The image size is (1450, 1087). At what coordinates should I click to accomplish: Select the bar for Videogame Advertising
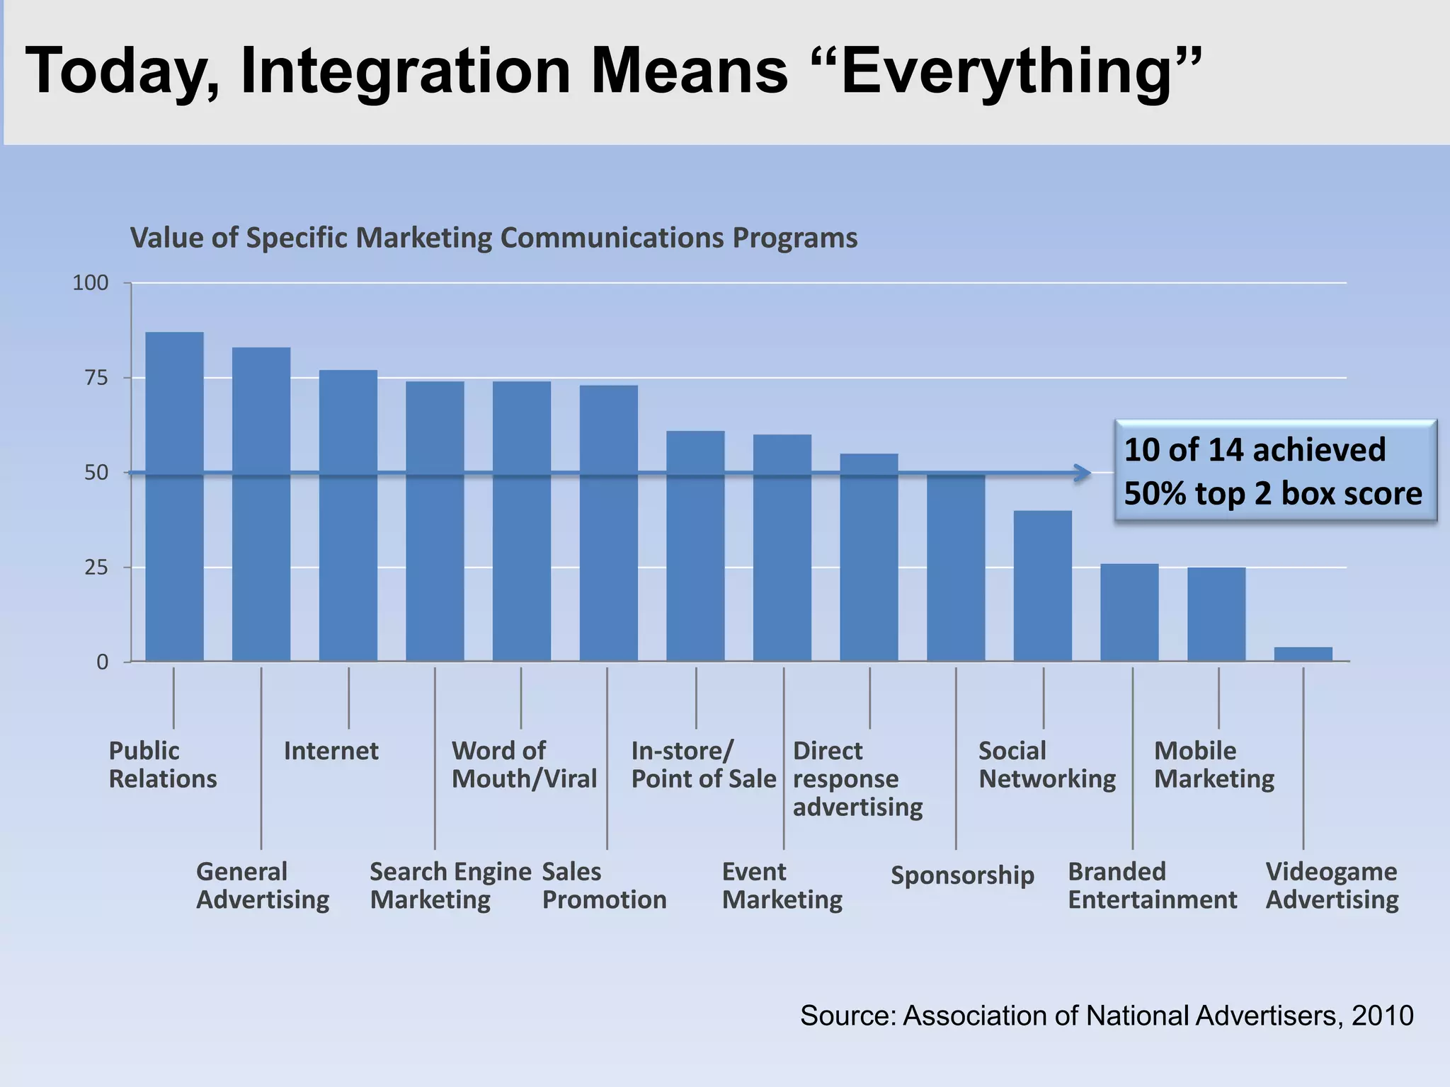click(1303, 655)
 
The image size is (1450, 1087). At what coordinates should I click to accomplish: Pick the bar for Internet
click(348, 516)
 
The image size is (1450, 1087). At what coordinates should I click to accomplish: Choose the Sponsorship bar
click(956, 567)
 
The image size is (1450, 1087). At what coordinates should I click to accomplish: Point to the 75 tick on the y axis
click(96, 378)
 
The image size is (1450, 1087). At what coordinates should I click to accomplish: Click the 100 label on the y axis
click(91, 283)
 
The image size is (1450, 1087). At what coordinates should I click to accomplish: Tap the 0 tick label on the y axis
click(103, 662)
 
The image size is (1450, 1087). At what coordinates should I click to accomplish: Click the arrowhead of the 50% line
click(1083, 473)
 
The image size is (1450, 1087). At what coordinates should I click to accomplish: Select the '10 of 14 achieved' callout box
click(1274, 471)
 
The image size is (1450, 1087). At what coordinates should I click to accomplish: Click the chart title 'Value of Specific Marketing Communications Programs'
click(493, 238)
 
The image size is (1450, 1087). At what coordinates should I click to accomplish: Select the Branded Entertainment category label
click(1151, 885)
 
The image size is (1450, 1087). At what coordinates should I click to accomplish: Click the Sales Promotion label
click(604, 885)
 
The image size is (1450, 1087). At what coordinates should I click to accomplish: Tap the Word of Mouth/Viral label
click(524, 764)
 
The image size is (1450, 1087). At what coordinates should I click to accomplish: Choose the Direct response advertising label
click(857, 778)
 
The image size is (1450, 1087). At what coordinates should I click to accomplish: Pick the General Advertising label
click(262, 885)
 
